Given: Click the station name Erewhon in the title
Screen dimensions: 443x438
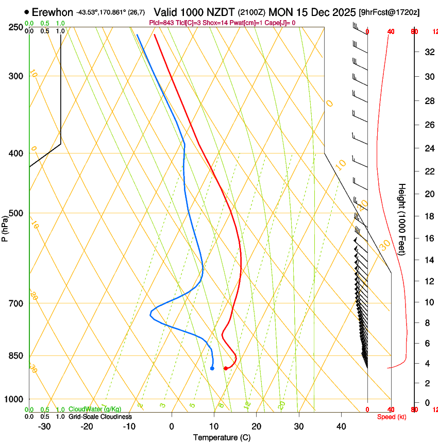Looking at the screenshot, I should click(x=53, y=12).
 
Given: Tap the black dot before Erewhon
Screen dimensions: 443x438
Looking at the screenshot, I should click(x=27, y=12).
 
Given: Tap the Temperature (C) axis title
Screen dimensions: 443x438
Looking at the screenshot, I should click(x=222, y=437).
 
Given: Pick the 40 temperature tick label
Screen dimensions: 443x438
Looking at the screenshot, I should click(x=341, y=426).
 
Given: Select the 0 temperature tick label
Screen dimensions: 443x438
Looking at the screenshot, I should click(x=172, y=426).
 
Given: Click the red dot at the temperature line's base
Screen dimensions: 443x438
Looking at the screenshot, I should click(x=226, y=368).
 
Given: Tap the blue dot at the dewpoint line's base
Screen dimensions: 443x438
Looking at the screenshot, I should click(x=212, y=368).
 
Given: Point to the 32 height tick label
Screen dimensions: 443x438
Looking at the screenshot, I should click(x=428, y=52).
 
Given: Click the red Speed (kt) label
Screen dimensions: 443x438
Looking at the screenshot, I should click(x=392, y=417).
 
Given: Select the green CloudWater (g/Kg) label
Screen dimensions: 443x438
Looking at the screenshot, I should click(x=95, y=409).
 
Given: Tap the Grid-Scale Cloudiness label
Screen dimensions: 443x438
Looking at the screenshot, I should click(x=100, y=416).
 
